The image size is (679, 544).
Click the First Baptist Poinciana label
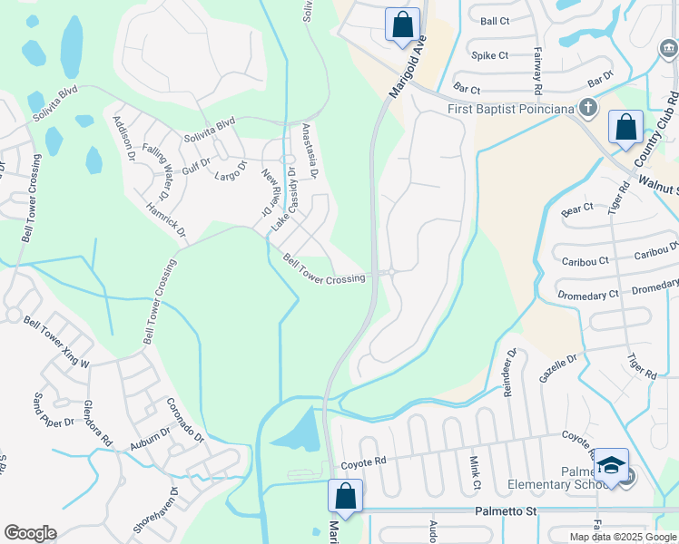(513, 110)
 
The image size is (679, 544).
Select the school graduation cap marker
(612, 466)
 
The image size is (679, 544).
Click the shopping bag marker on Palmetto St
(345, 496)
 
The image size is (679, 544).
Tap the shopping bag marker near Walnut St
(625, 128)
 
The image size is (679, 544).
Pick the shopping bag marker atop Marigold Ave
(402, 24)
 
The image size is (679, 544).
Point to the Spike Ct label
(489, 55)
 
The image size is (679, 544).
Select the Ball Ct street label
(496, 21)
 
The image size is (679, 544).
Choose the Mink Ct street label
(475, 472)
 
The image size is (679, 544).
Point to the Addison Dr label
(124, 138)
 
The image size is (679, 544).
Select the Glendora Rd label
(97, 423)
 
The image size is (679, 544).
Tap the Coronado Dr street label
(186, 419)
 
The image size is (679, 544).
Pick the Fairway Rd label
(537, 71)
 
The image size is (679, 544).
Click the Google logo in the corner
(31, 532)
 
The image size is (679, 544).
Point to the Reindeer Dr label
(507, 373)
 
